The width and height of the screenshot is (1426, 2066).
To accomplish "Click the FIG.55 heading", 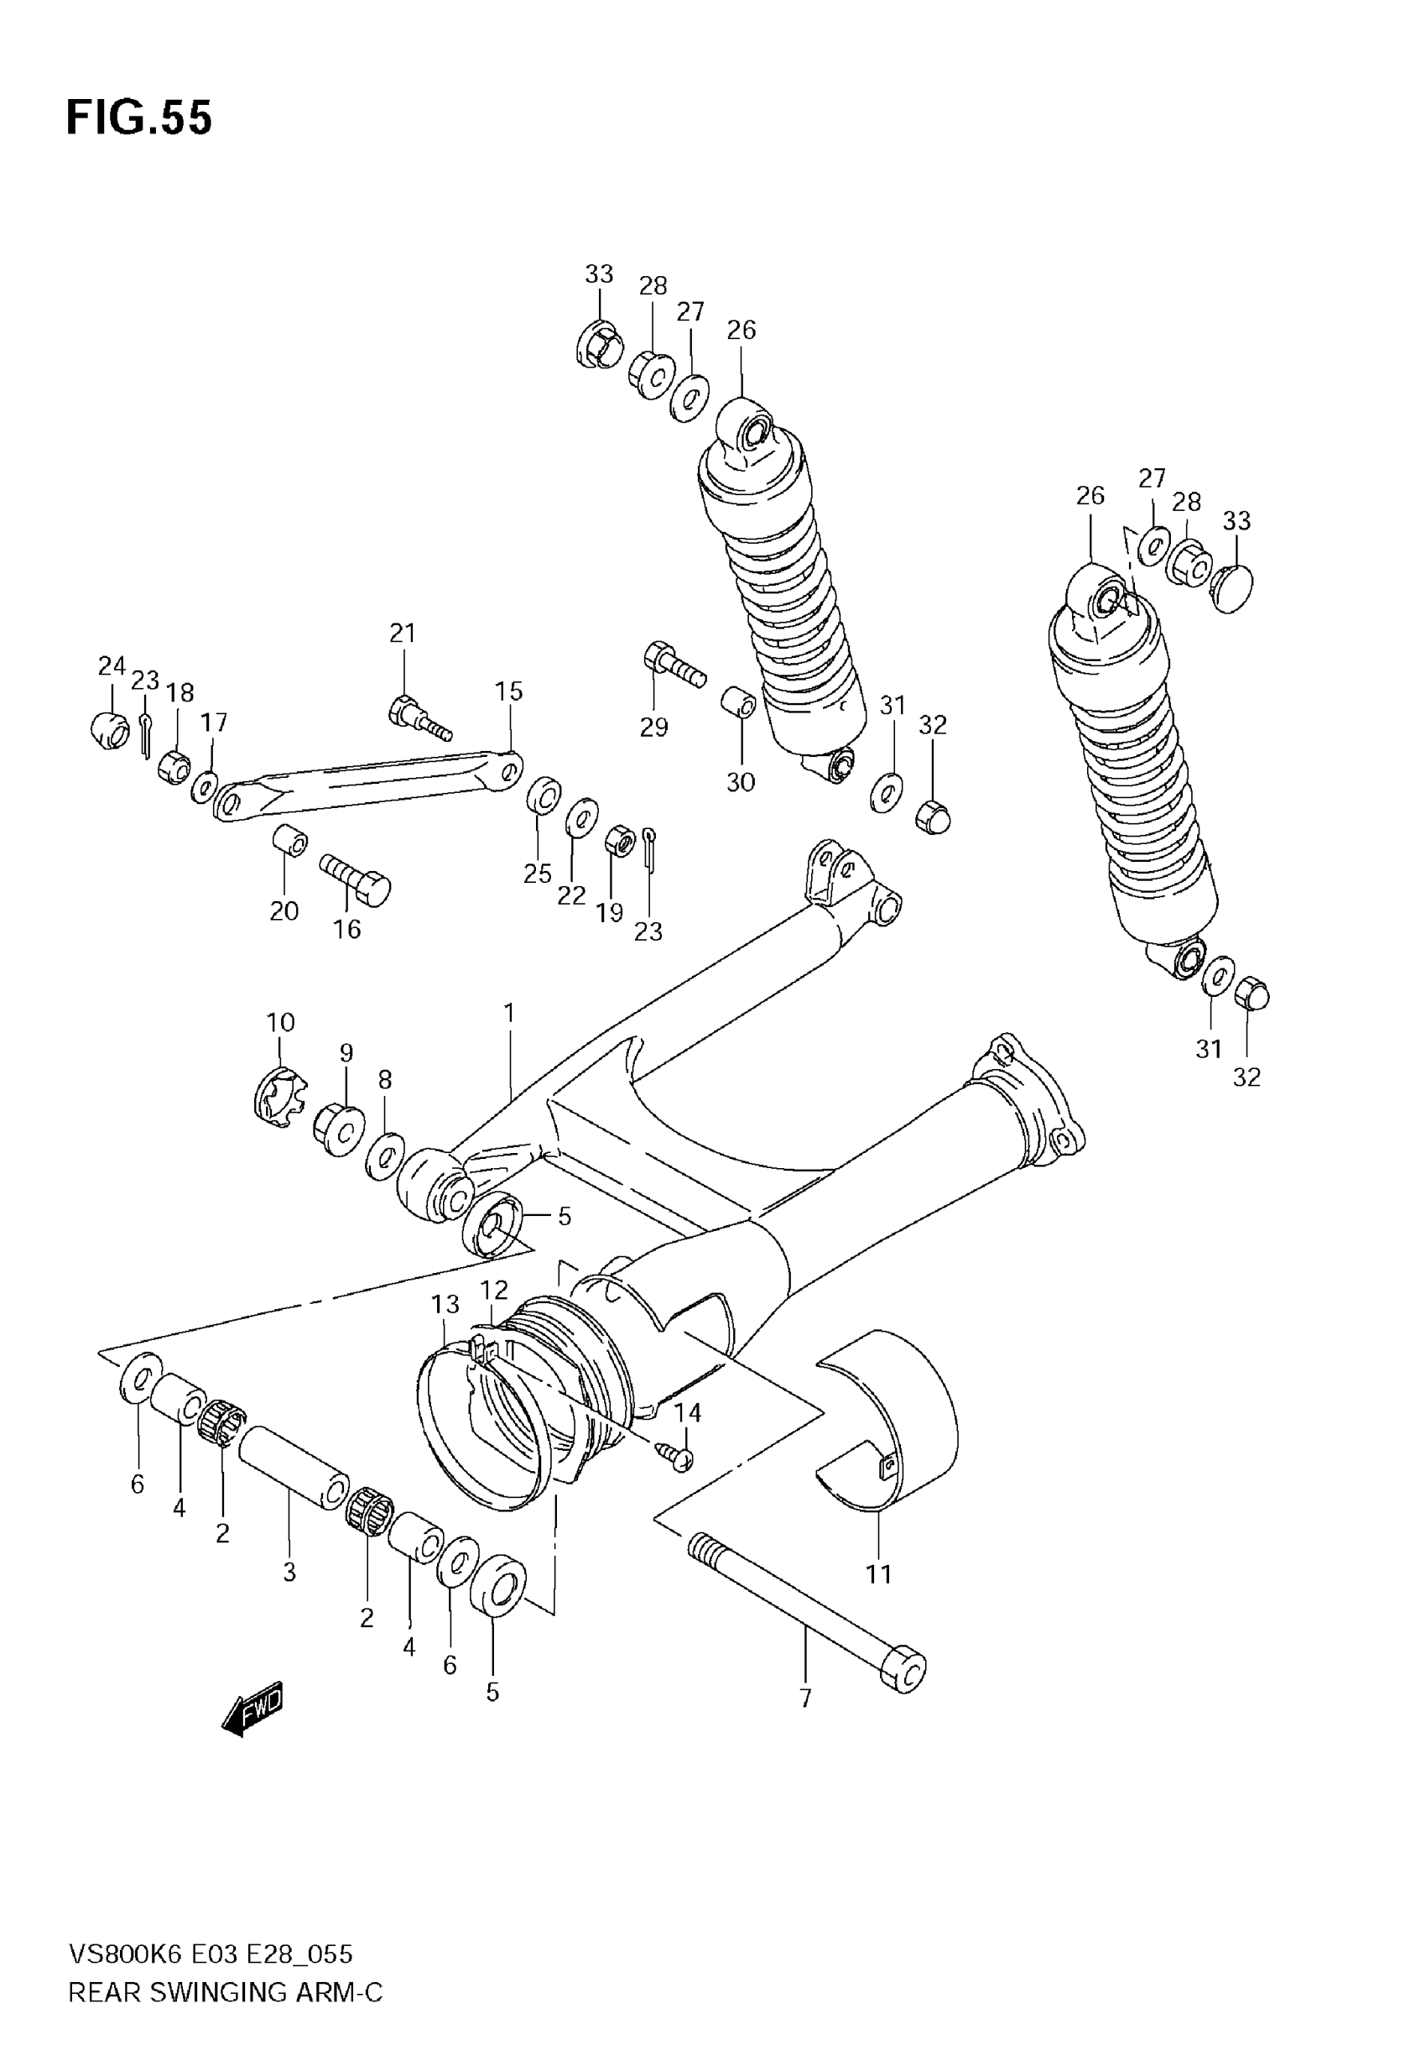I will (139, 118).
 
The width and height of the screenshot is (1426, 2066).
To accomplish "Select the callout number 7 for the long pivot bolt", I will (805, 1698).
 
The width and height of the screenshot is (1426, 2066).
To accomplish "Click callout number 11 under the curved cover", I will (879, 1574).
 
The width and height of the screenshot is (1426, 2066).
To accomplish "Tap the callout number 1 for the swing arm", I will (509, 1014).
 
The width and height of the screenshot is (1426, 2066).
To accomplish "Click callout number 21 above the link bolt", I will (403, 634).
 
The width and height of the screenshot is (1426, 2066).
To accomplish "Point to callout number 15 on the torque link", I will (509, 691).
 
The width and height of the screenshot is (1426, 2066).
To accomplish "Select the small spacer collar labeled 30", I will (739, 702).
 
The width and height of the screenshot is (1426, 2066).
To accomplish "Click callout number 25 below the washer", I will (538, 873).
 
